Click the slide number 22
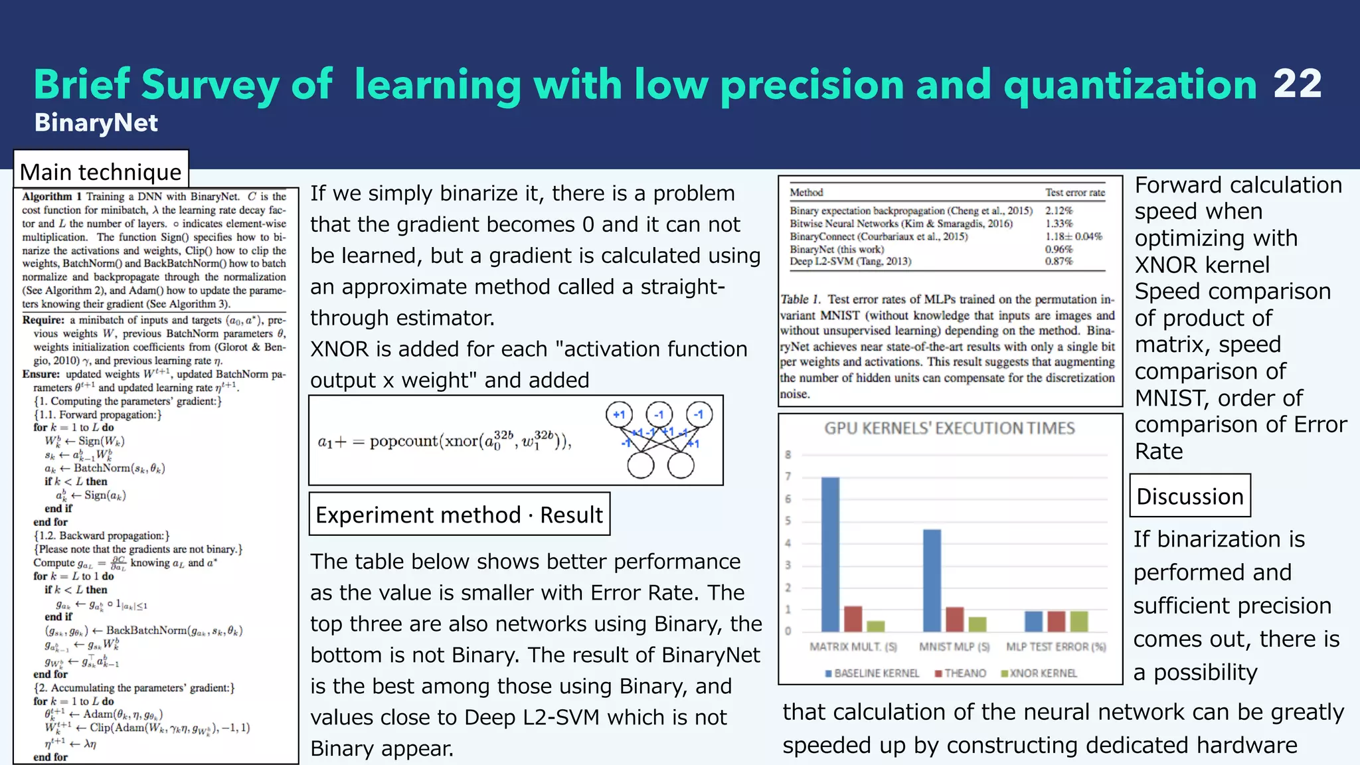click(x=1297, y=84)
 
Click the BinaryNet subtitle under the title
click(x=96, y=123)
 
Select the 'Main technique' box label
click(x=101, y=172)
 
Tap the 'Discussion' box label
click(x=1189, y=496)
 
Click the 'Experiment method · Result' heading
click(x=459, y=515)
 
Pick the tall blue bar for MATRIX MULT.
click(x=830, y=554)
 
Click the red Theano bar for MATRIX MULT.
click(x=853, y=618)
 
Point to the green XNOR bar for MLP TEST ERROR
click(x=1079, y=621)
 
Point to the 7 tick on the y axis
click(x=788, y=477)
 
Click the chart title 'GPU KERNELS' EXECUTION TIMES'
click(x=950, y=428)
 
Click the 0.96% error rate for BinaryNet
click(x=1059, y=249)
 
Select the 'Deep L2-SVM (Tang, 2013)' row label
click(x=850, y=262)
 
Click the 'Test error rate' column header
click(x=1074, y=193)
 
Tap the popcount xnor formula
click(x=444, y=441)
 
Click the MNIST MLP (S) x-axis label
click(x=954, y=647)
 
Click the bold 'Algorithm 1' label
click(x=52, y=197)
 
